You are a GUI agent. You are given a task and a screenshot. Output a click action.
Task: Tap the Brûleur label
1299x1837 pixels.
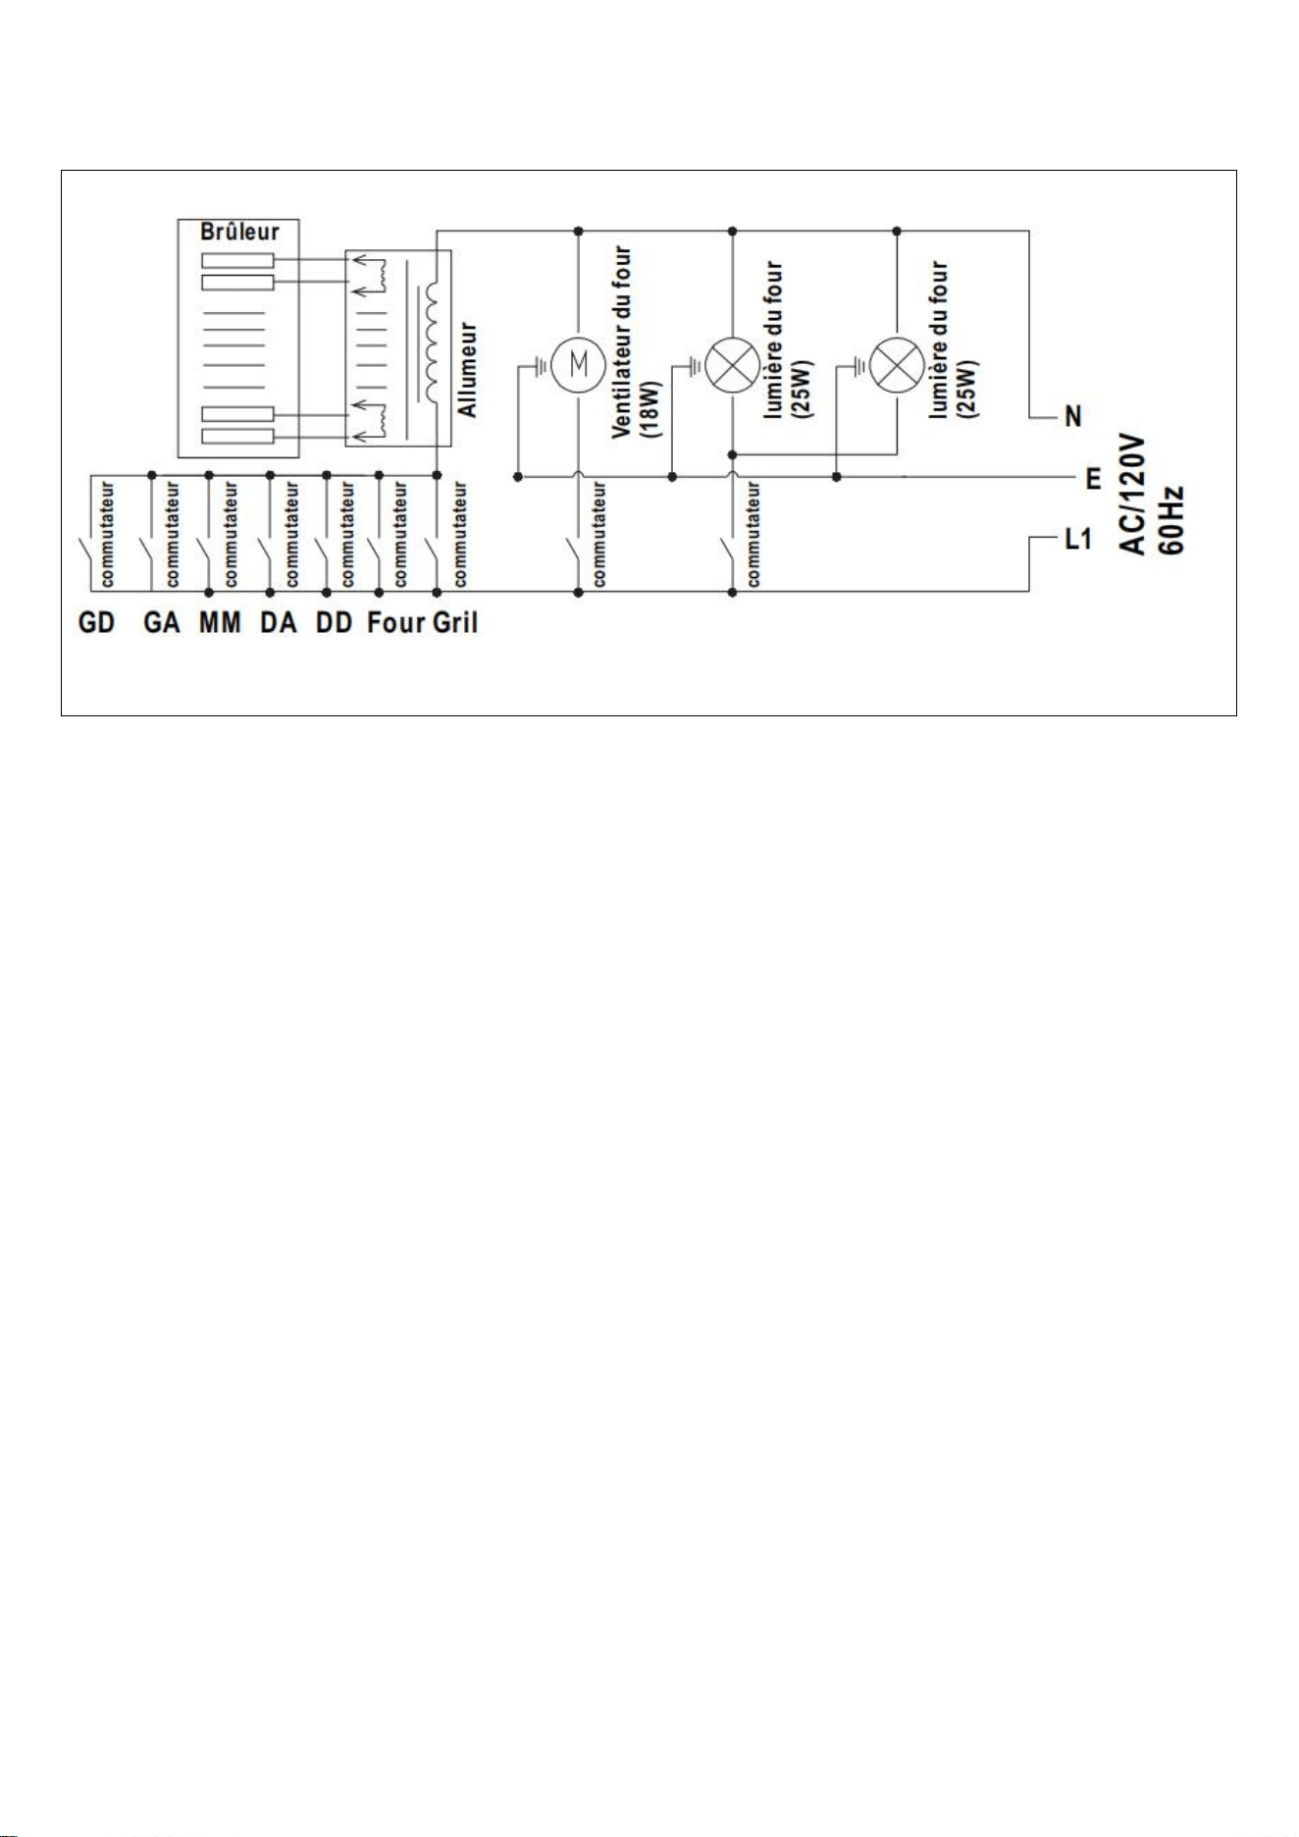click(239, 233)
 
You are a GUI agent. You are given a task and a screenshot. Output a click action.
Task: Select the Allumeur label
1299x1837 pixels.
click(469, 370)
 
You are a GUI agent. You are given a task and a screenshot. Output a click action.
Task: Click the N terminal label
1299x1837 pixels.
click(1073, 417)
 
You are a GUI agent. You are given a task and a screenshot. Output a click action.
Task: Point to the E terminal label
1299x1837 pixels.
click(1093, 479)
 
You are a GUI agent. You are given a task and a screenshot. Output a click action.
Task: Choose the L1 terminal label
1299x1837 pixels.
click(1078, 540)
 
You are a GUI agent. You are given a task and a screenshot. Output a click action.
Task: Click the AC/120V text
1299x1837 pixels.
click(1134, 496)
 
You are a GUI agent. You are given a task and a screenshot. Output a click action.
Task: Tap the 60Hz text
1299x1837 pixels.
click(1171, 520)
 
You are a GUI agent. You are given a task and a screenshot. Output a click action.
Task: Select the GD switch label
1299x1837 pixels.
click(96, 623)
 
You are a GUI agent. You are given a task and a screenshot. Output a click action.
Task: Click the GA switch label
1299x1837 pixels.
click(162, 623)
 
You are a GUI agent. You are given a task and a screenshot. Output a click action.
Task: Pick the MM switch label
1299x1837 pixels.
click(220, 623)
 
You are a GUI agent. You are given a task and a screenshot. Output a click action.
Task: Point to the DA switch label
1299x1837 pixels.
click(279, 623)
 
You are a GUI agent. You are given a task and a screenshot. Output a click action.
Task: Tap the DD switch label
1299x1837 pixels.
click(334, 623)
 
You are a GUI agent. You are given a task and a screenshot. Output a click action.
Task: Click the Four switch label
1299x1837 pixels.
click(396, 623)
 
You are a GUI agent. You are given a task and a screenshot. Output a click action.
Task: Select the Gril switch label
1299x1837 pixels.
click(455, 623)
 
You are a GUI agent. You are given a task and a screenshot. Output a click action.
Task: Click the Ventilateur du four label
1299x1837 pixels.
click(622, 343)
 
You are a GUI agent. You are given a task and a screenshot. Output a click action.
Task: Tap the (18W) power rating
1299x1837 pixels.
click(654, 409)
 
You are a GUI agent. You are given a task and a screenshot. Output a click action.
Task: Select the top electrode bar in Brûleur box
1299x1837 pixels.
click(237, 261)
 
